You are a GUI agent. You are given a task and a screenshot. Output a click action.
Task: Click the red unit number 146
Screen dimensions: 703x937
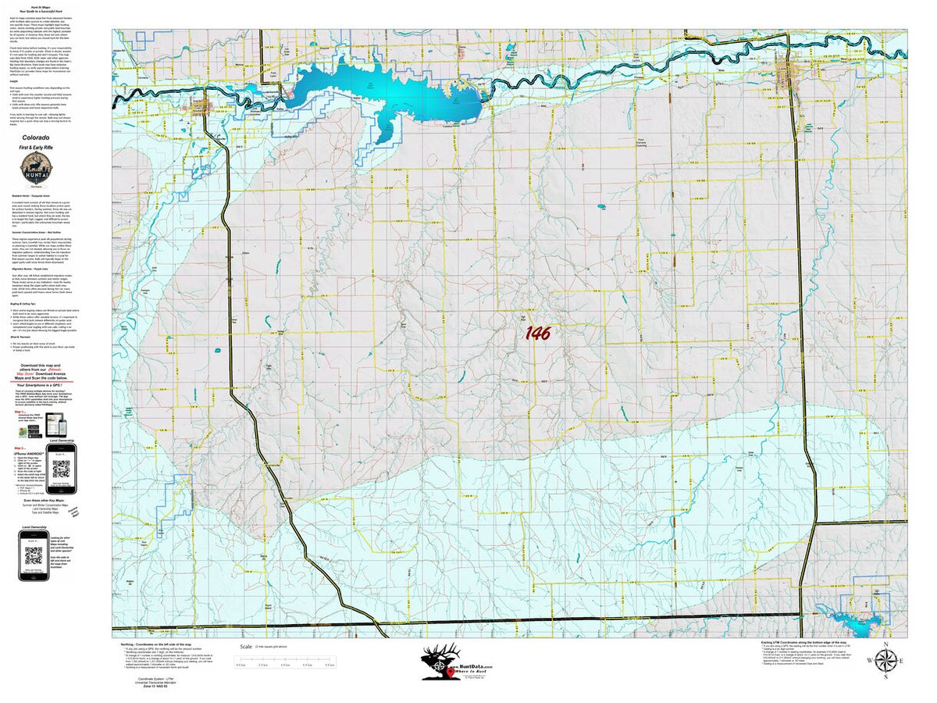[537, 334]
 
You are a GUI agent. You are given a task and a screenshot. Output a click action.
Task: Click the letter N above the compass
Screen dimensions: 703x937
[885, 644]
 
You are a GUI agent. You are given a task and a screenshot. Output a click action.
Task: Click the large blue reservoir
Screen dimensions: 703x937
[390, 94]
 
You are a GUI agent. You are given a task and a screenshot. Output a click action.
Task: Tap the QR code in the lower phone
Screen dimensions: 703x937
[32, 556]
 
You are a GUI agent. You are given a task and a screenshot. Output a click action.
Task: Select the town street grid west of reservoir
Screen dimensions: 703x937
[201, 106]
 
